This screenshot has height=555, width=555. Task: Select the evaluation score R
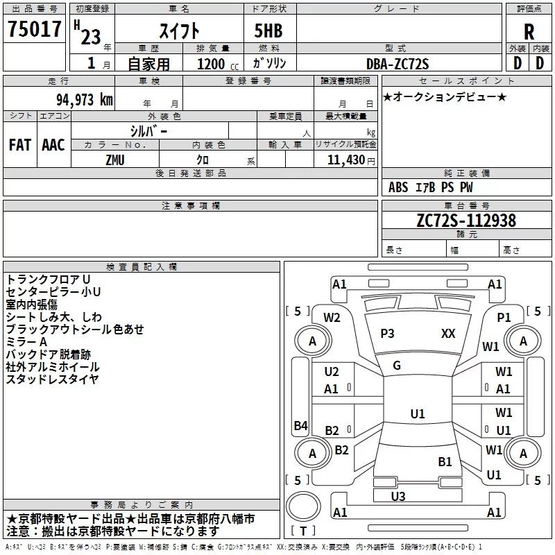click(529, 31)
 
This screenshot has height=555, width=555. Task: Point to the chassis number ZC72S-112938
click(466, 221)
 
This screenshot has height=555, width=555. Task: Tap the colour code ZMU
click(115, 160)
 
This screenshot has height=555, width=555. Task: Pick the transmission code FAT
click(19, 145)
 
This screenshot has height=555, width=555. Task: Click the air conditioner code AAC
click(53, 145)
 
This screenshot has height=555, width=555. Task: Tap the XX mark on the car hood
click(448, 334)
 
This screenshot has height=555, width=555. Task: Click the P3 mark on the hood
click(387, 334)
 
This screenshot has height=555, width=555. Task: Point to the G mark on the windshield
click(397, 366)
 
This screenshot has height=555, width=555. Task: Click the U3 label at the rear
click(398, 496)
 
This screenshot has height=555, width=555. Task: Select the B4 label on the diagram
click(300, 425)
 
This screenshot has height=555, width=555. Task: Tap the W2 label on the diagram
click(332, 317)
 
